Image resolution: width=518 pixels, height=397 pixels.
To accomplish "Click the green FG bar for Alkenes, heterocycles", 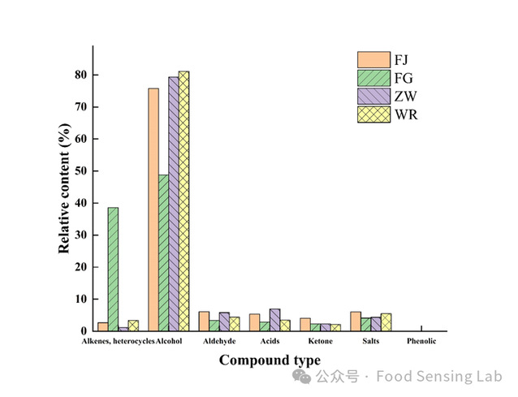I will tap(113, 270).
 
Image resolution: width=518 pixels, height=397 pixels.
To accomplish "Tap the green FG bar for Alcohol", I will tap(163, 252).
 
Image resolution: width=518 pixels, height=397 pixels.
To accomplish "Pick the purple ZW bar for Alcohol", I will tap(174, 204).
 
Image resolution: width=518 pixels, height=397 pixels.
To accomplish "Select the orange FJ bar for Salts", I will tap(356, 321).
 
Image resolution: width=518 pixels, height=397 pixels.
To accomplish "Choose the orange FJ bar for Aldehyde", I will tap(204, 321).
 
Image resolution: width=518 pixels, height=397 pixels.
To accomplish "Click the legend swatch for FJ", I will tap(372, 60).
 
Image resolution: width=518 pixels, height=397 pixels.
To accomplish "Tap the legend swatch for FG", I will tap(372, 78).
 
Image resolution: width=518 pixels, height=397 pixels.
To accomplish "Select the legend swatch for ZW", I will tap(372, 96).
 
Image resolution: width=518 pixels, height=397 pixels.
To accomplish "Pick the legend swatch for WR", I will tap(372, 114).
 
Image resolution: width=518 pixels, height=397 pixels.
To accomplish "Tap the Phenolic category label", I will tap(421, 342).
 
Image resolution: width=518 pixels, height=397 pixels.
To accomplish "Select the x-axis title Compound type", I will tap(270, 360).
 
